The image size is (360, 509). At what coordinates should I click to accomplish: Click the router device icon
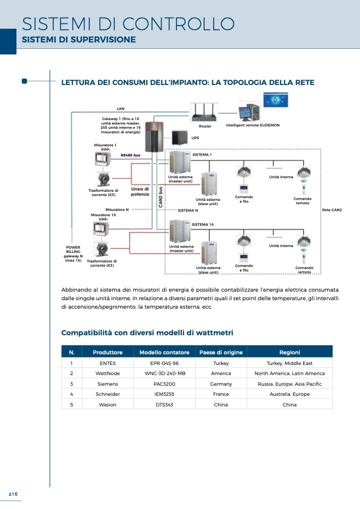(205, 114)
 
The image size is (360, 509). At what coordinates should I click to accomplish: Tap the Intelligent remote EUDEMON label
(253, 125)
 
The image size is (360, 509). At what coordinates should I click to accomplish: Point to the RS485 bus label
(130, 155)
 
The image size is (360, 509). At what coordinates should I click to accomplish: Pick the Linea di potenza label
(140, 192)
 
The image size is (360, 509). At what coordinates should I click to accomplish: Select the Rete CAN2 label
(332, 210)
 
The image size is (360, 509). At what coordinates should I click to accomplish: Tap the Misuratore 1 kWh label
(105, 147)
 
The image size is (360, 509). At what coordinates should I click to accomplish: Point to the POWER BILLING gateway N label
(73, 254)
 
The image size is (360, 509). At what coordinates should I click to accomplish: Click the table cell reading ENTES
(107, 363)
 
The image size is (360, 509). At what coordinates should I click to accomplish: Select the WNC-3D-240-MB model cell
(165, 374)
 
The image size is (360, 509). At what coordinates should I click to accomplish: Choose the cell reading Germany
(221, 384)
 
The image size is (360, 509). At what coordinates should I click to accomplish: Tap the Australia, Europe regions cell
(289, 394)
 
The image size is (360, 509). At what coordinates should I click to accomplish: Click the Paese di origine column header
(221, 352)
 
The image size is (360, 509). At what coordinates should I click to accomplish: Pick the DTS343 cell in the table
(165, 404)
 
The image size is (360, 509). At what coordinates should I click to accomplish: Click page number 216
(13, 494)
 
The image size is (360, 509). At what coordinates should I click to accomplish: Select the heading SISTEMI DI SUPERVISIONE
(79, 40)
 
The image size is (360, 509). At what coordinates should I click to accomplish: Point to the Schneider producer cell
(107, 394)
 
